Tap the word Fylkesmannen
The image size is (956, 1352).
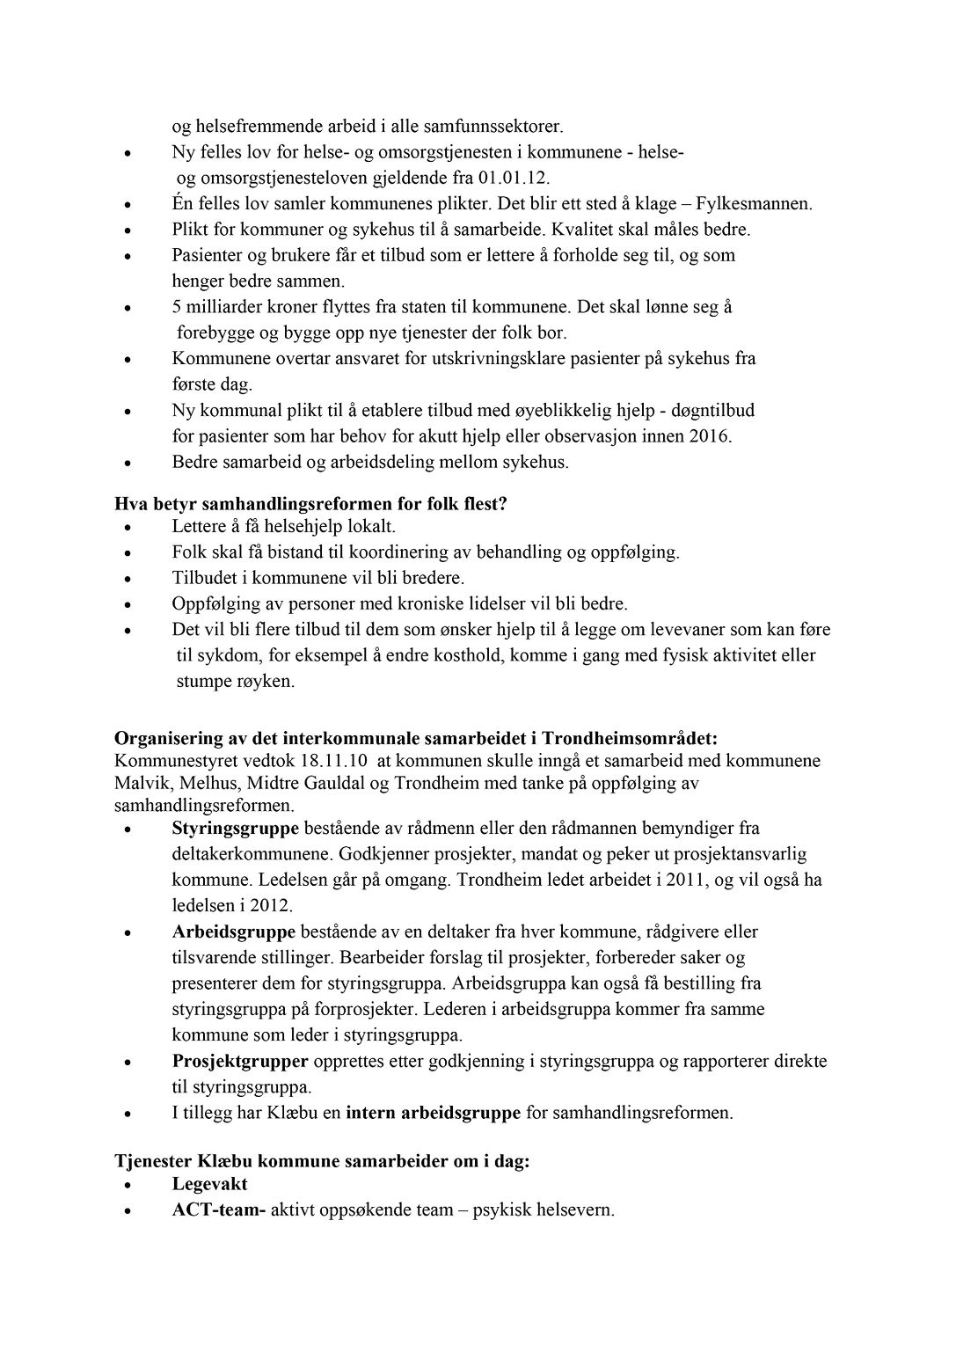point(754,204)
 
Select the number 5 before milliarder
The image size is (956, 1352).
point(177,307)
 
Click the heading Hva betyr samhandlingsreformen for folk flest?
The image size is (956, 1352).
point(311,505)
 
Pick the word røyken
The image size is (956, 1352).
point(259,682)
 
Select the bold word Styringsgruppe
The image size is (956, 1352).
point(236,828)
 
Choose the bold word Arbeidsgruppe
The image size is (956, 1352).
point(234,932)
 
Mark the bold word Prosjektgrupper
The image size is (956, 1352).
point(240,1061)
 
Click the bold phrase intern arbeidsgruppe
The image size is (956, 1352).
point(434,1113)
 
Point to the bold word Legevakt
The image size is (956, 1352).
point(210,1184)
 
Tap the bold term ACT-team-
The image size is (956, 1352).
point(219,1210)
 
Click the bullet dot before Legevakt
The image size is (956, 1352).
point(128,1187)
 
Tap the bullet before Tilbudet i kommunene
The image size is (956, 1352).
point(128,581)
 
